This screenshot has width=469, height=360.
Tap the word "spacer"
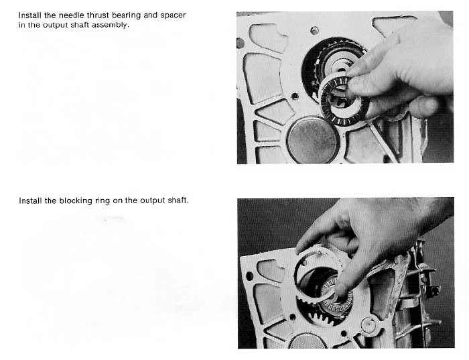[173, 15]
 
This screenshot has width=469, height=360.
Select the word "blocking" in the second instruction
[76, 201]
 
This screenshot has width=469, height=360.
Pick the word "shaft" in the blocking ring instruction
[178, 200]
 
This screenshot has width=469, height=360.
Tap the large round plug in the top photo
[313, 139]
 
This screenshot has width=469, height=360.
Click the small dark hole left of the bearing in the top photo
[295, 97]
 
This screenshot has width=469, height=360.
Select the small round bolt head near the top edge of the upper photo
[314, 30]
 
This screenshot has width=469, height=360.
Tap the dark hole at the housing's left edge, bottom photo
[249, 276]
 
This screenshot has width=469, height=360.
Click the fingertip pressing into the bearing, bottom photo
[342, 291]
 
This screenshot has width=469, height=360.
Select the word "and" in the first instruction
[151, 15]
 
